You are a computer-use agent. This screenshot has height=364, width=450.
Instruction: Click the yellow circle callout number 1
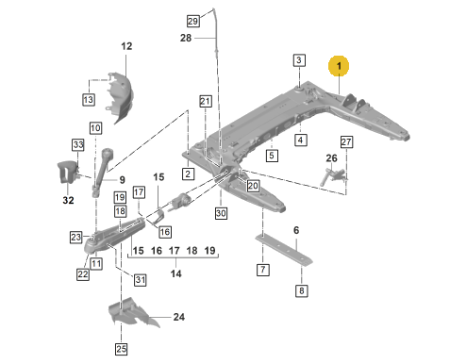pyautogui.click(x=339, y=66)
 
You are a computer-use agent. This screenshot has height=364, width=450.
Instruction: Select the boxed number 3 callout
pyautogui.click(x=299, y=60)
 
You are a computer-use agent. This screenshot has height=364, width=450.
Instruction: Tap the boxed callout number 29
pyautogui.click(x=192, y=21)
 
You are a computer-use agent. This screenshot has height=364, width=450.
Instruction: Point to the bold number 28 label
pyautogui.click(x=186, y=38)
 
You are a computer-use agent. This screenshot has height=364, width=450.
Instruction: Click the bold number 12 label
pyautogui.click(x=126, y=46)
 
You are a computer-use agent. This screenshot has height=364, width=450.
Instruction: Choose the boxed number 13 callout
pyautogui.click(x=89, y=100)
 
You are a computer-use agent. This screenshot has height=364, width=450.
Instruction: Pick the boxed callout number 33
pyautogui.click(x=78, y=145)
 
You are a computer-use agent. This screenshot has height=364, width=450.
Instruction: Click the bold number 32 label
pyautogui.click(x=68, y=200)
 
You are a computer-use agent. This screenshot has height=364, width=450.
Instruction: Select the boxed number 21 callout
pyautogui.click(x=206, y=101)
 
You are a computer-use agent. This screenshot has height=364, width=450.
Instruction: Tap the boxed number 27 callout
pyautogui.click(x=346, y=141)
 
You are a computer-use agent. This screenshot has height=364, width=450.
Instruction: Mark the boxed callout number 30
pyautogui.click(x=221, y=213)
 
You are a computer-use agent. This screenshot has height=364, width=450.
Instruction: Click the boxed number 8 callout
pyautogui.click(x=301, y=290)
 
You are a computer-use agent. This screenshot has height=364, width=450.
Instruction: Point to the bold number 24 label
pyautogui.click(x=179, y=317)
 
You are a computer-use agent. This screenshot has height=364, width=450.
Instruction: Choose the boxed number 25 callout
pyautogui.click(x=122, y=349)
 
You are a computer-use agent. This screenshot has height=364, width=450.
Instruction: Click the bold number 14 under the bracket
pyautogui.click(x=175, y=273)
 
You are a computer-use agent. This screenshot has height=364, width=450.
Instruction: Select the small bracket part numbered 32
pyautogui.click(x=67, y=172)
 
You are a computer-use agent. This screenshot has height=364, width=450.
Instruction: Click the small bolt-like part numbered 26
pyautogui.click(x=333, y=176)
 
